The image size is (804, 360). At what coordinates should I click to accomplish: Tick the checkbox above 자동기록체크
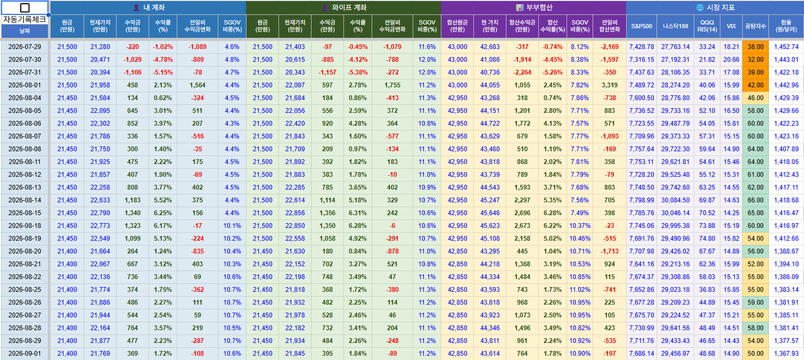pos(25,7)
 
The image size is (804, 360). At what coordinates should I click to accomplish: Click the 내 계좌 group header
pos(149,7)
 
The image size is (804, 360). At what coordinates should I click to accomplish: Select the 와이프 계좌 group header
pos(344,7)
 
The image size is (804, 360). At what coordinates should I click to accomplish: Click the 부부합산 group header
pos(534,7)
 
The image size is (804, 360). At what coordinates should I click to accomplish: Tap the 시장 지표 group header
pos(715,7)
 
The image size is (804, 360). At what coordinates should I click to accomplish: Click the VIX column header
pos(731,26)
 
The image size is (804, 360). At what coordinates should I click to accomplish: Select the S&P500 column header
pos(642,26)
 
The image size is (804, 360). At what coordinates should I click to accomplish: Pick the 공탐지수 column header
pos(756,26)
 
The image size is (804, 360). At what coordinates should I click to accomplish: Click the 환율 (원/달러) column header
pos(786,26)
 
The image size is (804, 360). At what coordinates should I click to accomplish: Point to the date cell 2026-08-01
pos(25,85)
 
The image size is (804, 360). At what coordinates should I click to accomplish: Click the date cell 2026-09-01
pos(25,354)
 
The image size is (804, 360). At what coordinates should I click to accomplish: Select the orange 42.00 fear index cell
pos(756,85)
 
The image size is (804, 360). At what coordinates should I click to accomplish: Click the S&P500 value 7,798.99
pos(642,200)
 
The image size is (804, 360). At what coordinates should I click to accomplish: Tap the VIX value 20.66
pos(731,60)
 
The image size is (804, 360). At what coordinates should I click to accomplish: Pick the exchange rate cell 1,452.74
pos(786,47)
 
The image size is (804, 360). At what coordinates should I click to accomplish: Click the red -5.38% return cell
pos(357,72)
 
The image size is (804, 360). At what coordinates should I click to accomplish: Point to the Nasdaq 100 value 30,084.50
pos(675,200)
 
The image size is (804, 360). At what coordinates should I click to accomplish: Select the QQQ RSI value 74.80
pos(707,239)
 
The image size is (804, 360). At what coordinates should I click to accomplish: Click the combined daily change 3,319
pos(610,85)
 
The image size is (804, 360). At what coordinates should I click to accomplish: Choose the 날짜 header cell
pos(25,31)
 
